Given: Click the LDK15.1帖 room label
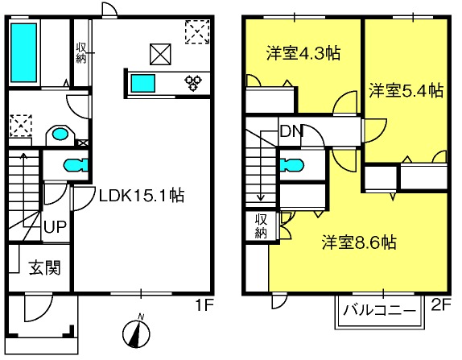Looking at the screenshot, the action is tap(142, 196).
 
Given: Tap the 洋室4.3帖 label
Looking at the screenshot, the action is tap(303, 53).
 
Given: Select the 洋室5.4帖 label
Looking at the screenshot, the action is tap(406, 90).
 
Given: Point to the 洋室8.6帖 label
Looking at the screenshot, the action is tap(359, 242).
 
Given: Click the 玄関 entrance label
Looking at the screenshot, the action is tap(45, 267).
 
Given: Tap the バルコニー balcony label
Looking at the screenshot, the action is tap(380, 310).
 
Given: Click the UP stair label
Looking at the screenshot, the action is tap(55, 227).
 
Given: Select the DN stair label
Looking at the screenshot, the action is tap(291, 131).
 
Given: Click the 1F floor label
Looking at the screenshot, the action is tap(204, 305).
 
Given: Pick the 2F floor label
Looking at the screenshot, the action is tap(441, 304).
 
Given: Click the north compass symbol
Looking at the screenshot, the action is tap(136, 332).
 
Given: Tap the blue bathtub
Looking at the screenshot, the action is tap(24, 52).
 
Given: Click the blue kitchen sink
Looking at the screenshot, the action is tap(143, 84).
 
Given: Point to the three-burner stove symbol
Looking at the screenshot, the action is tap(193, 83).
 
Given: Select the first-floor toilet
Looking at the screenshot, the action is tap(76, 165).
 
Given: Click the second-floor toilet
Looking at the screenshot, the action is tap(291, 165).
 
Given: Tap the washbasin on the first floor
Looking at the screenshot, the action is tap(60, 134).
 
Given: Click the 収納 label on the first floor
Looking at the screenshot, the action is tap(81, 52).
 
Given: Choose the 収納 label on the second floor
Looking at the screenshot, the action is tap(261, 226).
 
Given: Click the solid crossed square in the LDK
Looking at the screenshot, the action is tap(160, 54).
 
